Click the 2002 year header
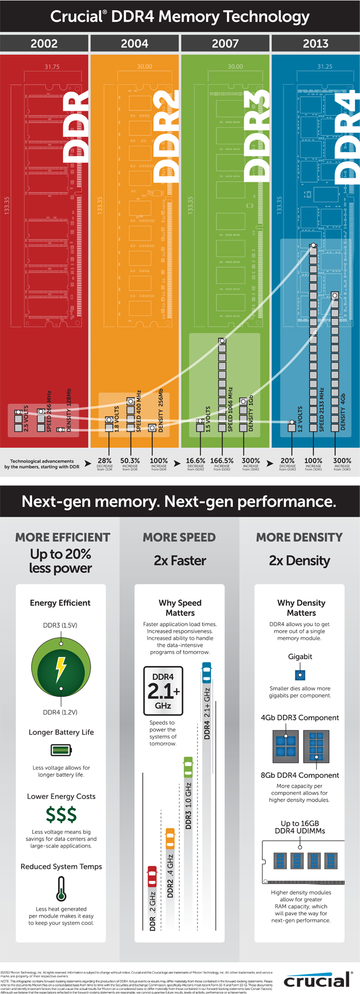click(44, 43)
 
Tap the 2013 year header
click(315, 43)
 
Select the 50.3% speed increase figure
click(130, 461)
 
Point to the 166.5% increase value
click(222, 461)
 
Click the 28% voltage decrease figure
click(105, 461)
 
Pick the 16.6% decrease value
click(196, 461)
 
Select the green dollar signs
click(61, 814)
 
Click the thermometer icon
click(61, 888)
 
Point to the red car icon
click(152, 876)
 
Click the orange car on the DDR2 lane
click(170, 838)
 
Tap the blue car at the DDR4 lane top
click(207, 672)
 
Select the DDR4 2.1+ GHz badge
click(163, 691)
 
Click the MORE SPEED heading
click(179, 537)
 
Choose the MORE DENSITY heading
click(299, 537)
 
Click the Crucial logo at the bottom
click(317, 980)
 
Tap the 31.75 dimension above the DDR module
click(52, 67)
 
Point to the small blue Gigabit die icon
click(300, 675)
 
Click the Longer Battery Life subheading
click(61, 732)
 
